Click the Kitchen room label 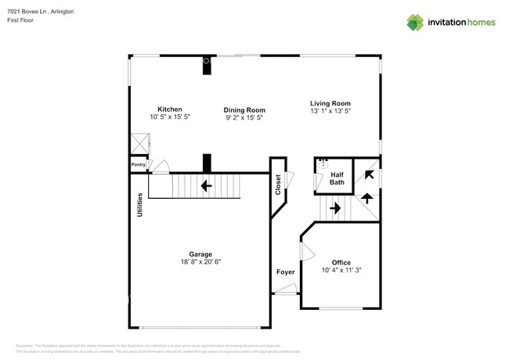tap(170, 109)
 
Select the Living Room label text tap(330, 103)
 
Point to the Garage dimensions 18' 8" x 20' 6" tap(200, 263)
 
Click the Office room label tap(341, 262)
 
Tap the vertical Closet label tap(278, 185)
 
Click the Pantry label tap(139, 165)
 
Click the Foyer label tap(285, 272)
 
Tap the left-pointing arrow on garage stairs tap(205, 186)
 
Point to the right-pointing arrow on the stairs tap(334, 208)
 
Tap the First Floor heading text tap(20, 20)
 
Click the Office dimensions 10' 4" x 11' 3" tap(341, 271)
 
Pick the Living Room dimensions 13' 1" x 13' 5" tap(330, 111)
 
